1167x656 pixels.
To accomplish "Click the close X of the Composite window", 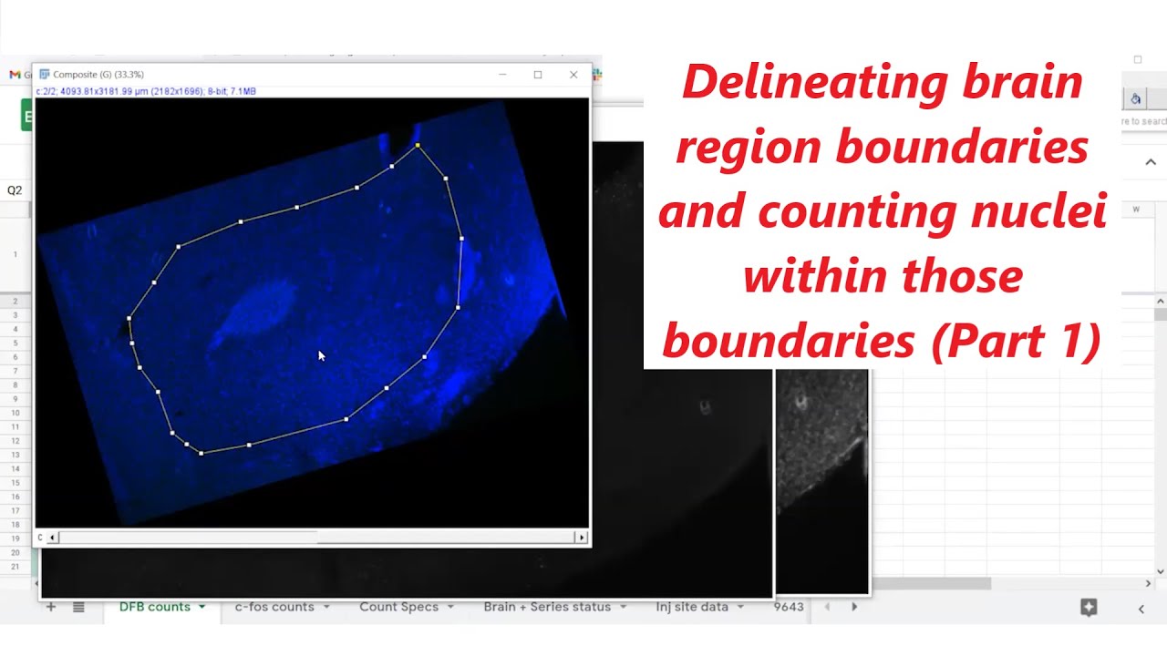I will click(x=573, y=75).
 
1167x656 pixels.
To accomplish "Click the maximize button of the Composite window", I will click(x=538, y=75).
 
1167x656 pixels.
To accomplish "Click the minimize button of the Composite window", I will click(x=502, y=75).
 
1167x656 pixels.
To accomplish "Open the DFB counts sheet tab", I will click(x=155, y=607).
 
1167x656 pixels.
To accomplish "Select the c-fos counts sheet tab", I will click(x=274, y=607).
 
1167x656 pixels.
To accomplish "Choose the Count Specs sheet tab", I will click(x=398, y=607).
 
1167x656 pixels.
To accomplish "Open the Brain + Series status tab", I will click(x=547, y=607).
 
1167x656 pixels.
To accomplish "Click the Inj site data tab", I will click(x=692, y=607).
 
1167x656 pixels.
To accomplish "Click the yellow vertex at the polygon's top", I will click(x=418, y=145).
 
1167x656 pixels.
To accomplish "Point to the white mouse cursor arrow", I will click(x=321, y=355).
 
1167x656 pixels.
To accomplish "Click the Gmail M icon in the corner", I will click(x=15, y=75).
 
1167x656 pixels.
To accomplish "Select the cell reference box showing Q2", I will click(x=15, y=190).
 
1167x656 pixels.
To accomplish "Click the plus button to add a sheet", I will click(x=51, y=607).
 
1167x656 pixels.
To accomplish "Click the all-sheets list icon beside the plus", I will click(x=79, y=607).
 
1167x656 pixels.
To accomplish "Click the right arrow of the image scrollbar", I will click(x=581, y=538).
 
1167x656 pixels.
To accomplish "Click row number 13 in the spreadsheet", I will click(x=15, y=455).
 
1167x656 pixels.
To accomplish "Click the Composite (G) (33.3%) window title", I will click(x=98, y=75).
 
